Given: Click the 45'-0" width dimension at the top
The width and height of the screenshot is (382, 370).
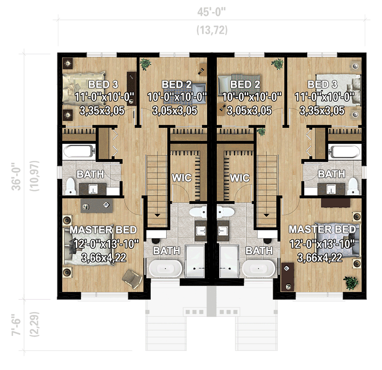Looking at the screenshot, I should point(212,12).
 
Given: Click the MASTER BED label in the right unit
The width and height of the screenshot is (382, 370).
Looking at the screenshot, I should point(322,229).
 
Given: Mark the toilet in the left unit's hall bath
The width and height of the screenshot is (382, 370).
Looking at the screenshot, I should point(70,186).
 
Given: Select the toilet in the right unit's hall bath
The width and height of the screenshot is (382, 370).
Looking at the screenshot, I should point(353,186).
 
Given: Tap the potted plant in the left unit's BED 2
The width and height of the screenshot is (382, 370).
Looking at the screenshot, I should point(145,64).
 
